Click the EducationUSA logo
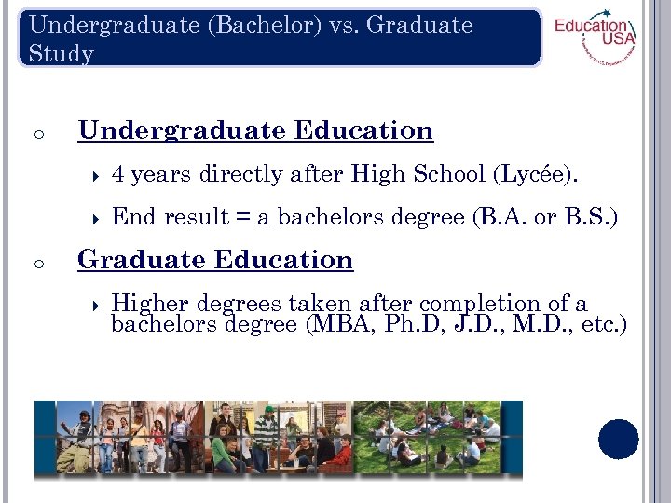pos(594,40)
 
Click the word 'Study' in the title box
pos(62,54)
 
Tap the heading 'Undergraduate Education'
pos(255,130)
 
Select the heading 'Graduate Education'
pos(215,260)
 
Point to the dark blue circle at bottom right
pos(619,439)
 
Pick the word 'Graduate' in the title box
pos(419,25)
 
